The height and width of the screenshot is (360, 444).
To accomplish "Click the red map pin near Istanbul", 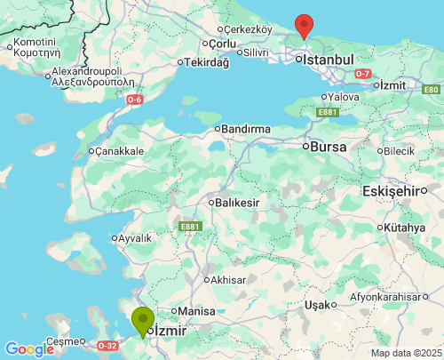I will click(304, 25).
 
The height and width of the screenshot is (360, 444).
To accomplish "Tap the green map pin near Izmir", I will click(142, 320).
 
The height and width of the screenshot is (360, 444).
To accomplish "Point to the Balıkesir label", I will click(237, 203).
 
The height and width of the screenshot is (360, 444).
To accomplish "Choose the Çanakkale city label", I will click(120, 151).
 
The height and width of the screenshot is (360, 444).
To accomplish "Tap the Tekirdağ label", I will click(207, 62).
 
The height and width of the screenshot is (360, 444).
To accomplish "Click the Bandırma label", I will click(245, 129).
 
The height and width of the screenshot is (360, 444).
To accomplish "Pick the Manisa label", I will click(197, 311).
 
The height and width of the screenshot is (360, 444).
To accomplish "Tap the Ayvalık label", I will click(135, 238).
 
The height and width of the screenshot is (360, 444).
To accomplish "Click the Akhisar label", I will click(229, 279).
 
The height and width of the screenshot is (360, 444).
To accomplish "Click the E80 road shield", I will click(431, 90).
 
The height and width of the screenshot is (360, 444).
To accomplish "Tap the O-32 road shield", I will click(107, 345).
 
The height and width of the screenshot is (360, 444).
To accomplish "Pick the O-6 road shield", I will click(134, 100).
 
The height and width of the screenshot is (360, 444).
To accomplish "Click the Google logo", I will click(29, 349).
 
